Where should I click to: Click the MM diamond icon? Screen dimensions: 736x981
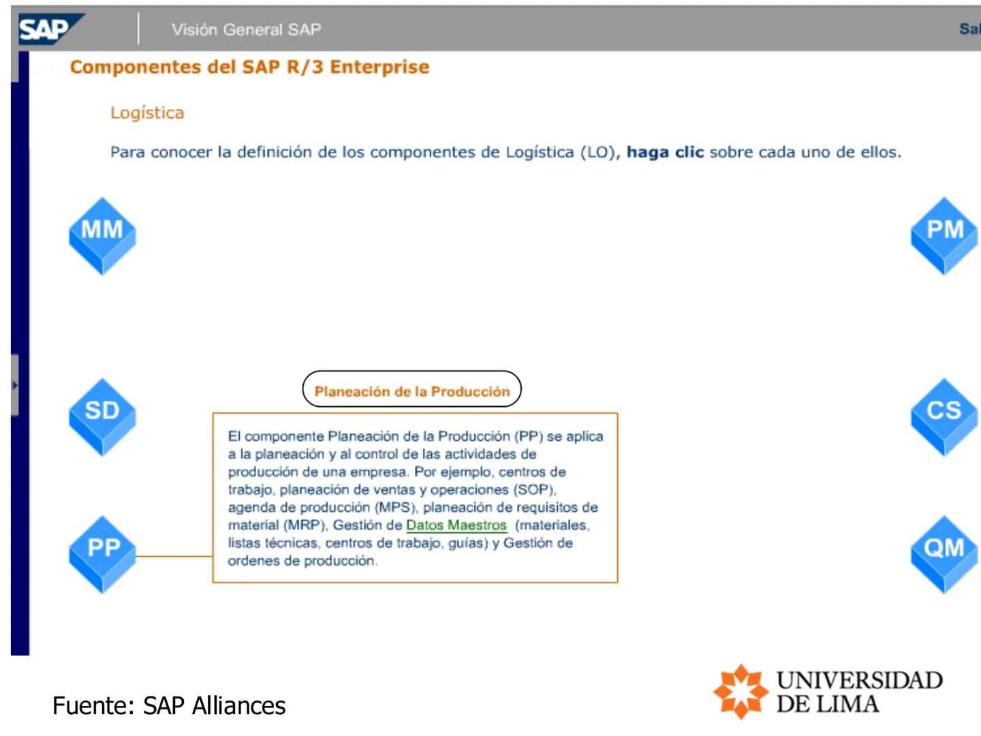tap(102, 235)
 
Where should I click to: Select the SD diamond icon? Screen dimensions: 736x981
tap(102, 416)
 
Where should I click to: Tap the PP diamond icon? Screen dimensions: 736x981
tap(102, 553)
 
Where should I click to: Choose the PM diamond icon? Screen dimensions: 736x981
tap(944, 235)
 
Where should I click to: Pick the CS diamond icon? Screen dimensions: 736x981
tap(944, 416)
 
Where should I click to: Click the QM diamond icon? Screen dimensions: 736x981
tap(944, 553)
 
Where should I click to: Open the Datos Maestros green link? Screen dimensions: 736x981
tap(456, 525)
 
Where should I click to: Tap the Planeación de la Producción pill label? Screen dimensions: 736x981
tap(411, 390)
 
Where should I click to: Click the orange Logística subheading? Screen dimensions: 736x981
tap(147, 112)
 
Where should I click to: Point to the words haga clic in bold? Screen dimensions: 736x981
tap(665, 152)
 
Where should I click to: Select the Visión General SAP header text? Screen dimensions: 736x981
tap(246, 29)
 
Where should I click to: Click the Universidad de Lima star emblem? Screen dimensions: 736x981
tap(741, 691)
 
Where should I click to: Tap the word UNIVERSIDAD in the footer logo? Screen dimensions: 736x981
tap(859, 680)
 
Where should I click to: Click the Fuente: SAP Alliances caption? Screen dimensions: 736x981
tap(169, 706)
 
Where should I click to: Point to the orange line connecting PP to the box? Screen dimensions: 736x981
tap(174, 556)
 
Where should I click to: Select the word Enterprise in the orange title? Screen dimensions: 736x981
tap(379, 67)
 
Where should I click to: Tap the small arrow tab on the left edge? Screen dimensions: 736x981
tap(14, 385)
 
